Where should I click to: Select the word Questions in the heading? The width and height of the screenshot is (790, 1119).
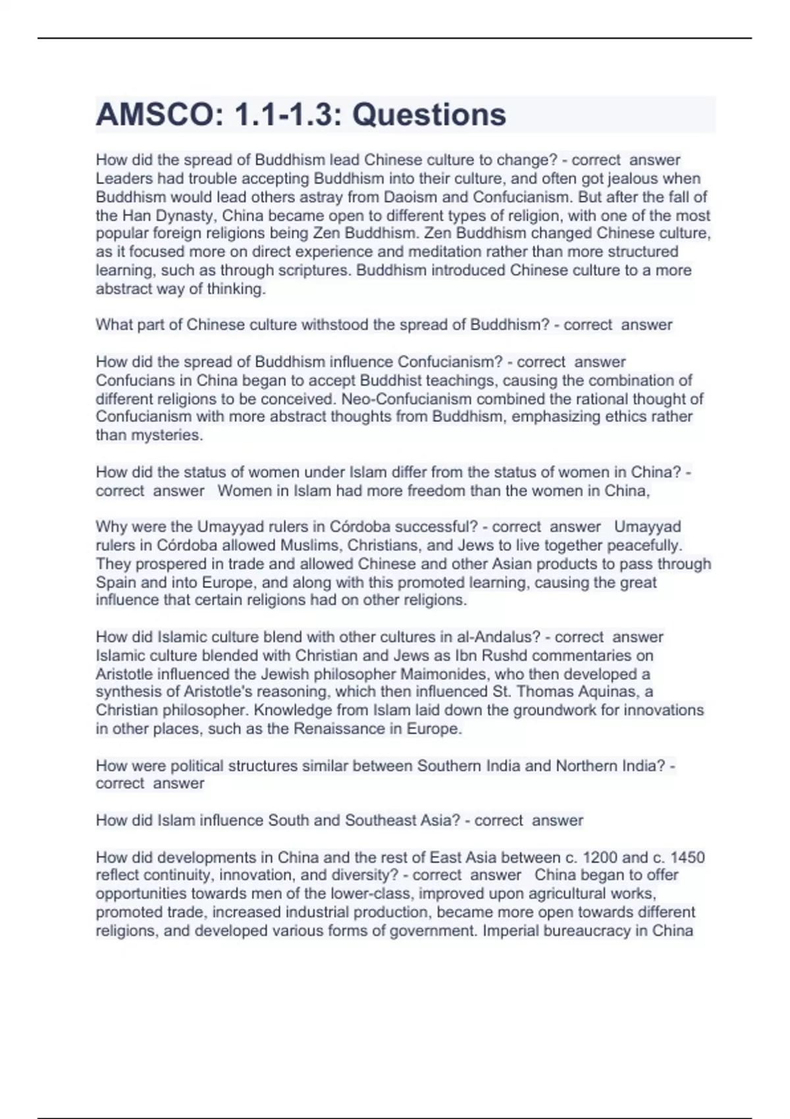point(429,115)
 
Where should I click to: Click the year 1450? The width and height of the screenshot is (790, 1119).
point(687,858)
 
